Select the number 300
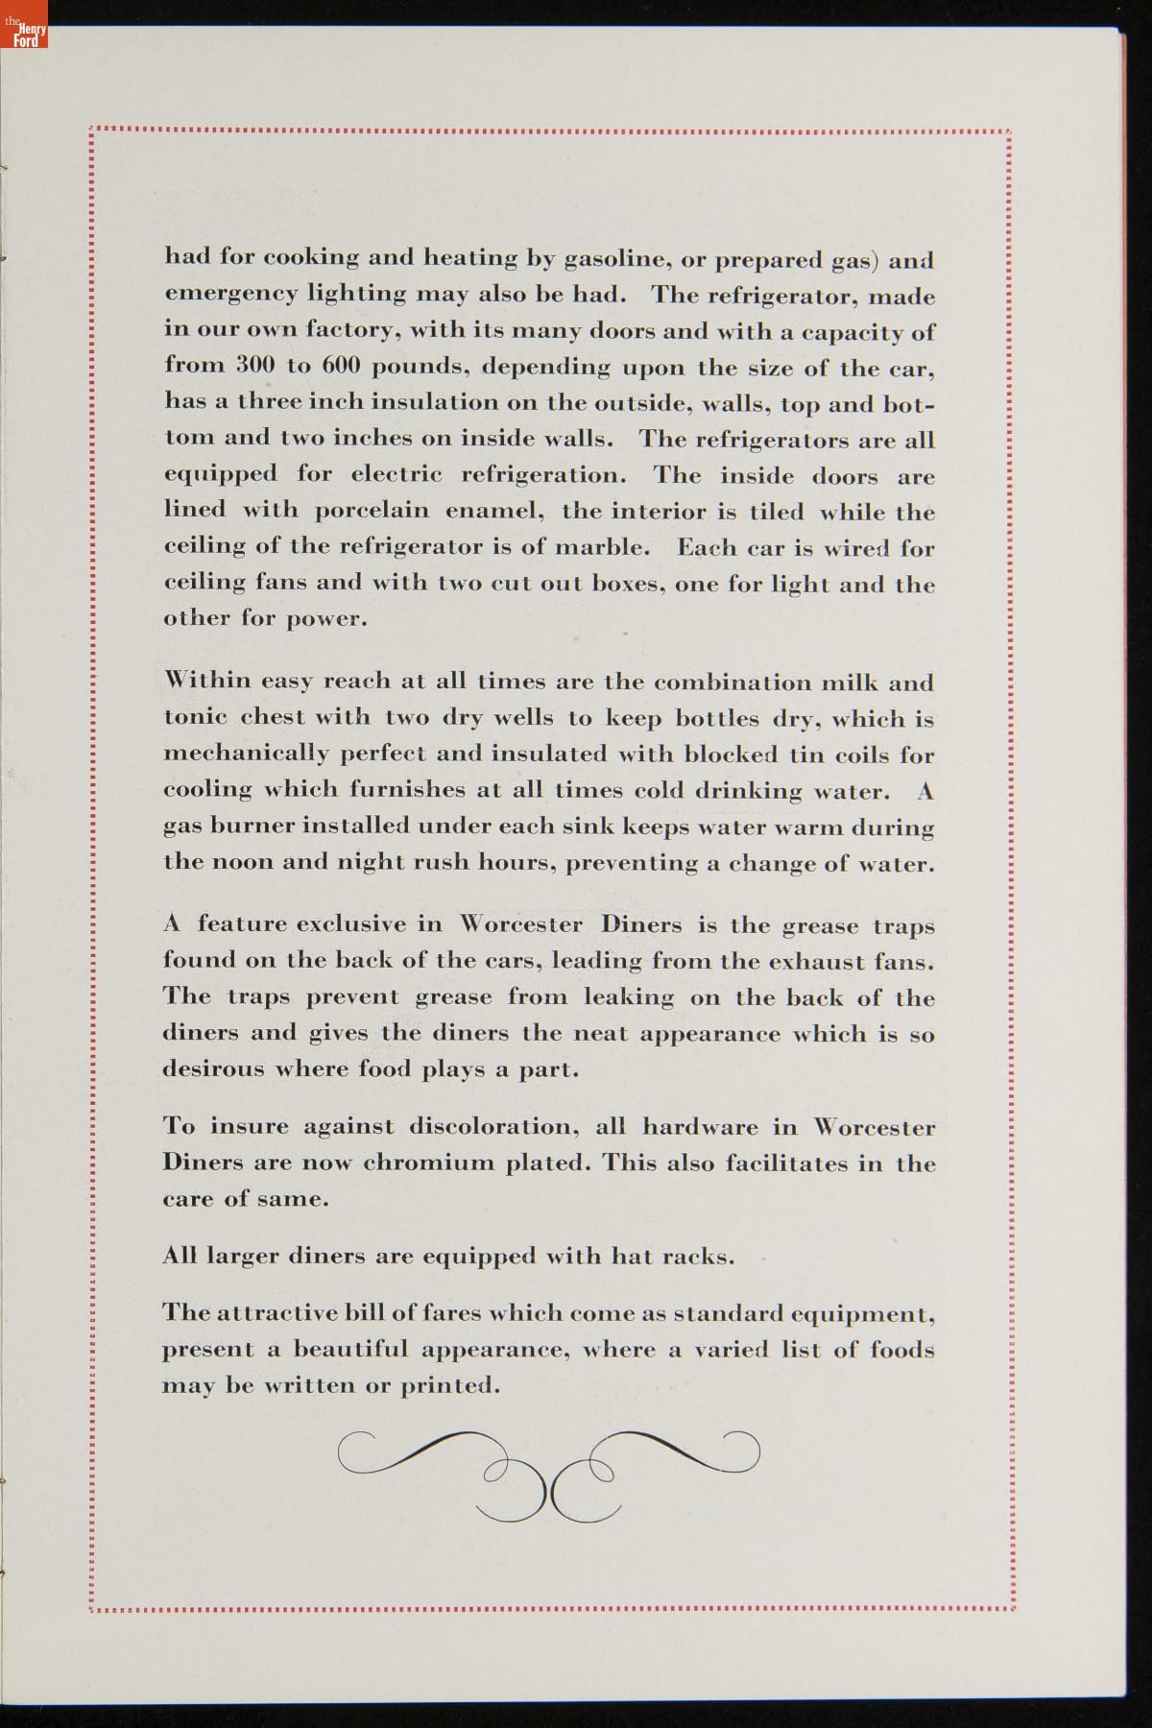point(254,366)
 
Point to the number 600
point(341,366)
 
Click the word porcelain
point(371,511)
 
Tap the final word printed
point(449,1385)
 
